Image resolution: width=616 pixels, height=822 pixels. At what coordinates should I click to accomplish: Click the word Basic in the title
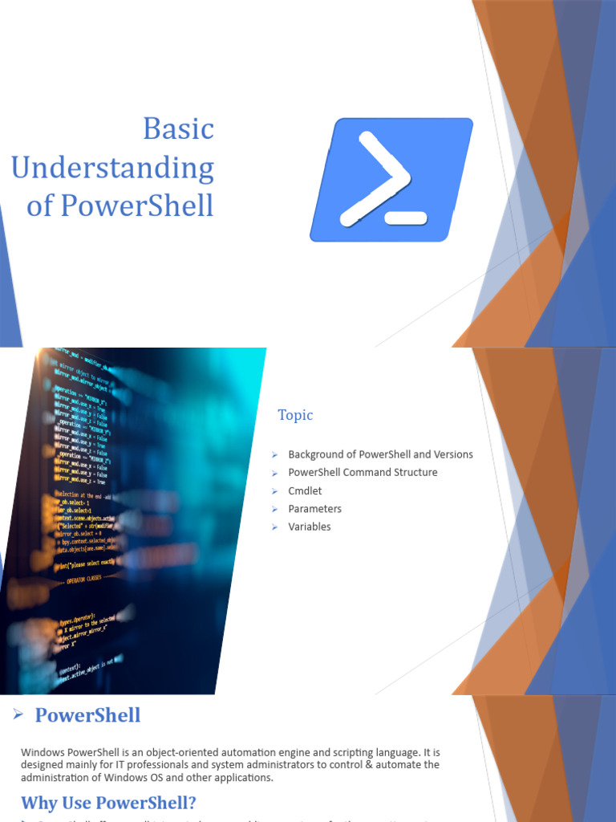pyautogui.click(x=178, y=129)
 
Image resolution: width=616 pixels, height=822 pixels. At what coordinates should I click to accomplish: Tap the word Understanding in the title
pyautogui.click(x=112, y=168)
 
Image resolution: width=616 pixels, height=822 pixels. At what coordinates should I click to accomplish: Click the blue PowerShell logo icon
pyautogui.click(x=391, y=180)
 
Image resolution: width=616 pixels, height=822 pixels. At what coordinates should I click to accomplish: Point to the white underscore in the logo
pyautogui.click(x=405, y=218)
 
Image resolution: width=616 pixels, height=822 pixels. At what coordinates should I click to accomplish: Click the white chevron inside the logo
pyautogui.click(x=375, y=178)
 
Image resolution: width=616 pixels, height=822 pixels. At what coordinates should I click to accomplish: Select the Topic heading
pyautogui.click(x=295, y=415)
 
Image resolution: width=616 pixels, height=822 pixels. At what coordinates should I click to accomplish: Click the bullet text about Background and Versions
pyautogui.click(x=380, y=454)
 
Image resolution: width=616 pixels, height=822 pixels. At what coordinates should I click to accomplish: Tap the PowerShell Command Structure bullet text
pyautogui.click(x=363, y=473)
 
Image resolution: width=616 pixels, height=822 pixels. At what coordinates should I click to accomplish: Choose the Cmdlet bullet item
pyautogui.click(x=305, y=490)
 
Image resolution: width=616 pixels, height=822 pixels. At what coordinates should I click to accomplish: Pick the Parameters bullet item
pyautogui.click(x=314, y=509)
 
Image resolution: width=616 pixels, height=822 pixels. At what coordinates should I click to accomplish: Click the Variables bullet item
pyautogui.click(x=310, y=527)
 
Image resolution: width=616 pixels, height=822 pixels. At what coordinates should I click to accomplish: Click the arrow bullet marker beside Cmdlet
pyautogui.click(x=274, y=490)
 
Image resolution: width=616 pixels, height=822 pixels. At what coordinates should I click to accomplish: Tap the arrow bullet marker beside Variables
pyautogui.click(x=274, y=527)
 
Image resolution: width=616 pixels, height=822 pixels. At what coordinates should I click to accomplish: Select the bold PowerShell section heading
pyautogui.click(x=88, y=715)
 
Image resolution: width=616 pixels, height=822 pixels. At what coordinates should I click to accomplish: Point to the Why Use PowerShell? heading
pyautogui.click(x=108, y=803)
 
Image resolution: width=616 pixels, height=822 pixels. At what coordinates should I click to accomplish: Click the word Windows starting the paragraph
pyautogui.click(x=42, y=753)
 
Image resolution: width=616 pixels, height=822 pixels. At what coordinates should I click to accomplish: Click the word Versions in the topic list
pyautogui.click(x=452, y=454)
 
